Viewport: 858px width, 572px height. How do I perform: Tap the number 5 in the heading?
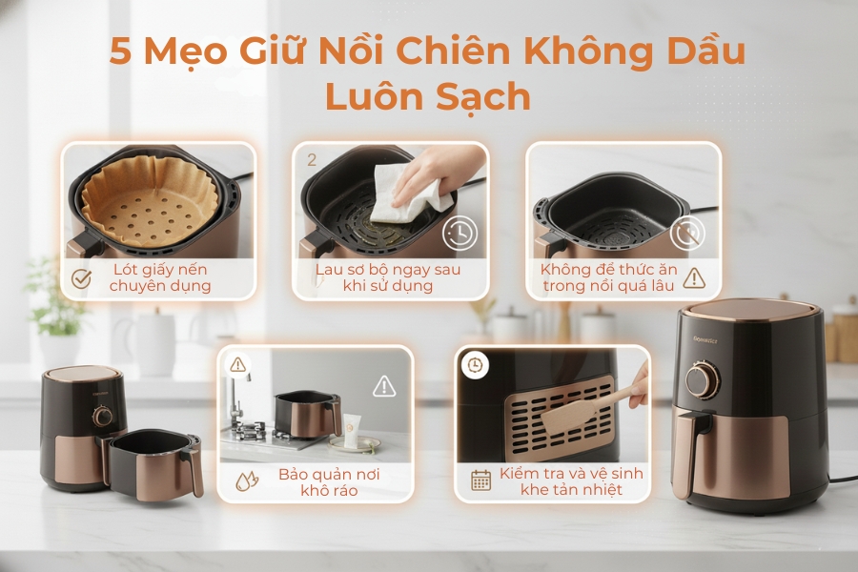click(x=121, y=51)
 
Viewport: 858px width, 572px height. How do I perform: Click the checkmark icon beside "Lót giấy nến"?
click(x=82, y=277)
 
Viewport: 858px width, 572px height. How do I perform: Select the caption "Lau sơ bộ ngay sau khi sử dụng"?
click(x=388, y=277)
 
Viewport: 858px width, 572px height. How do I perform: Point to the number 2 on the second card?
click(x=311, y=160)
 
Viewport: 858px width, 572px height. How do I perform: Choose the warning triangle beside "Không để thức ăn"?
click(x=693, y=277)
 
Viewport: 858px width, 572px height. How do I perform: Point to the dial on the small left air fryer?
click(x=101, y=417)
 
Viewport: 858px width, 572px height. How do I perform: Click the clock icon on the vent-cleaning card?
click(x=474, y=364)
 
